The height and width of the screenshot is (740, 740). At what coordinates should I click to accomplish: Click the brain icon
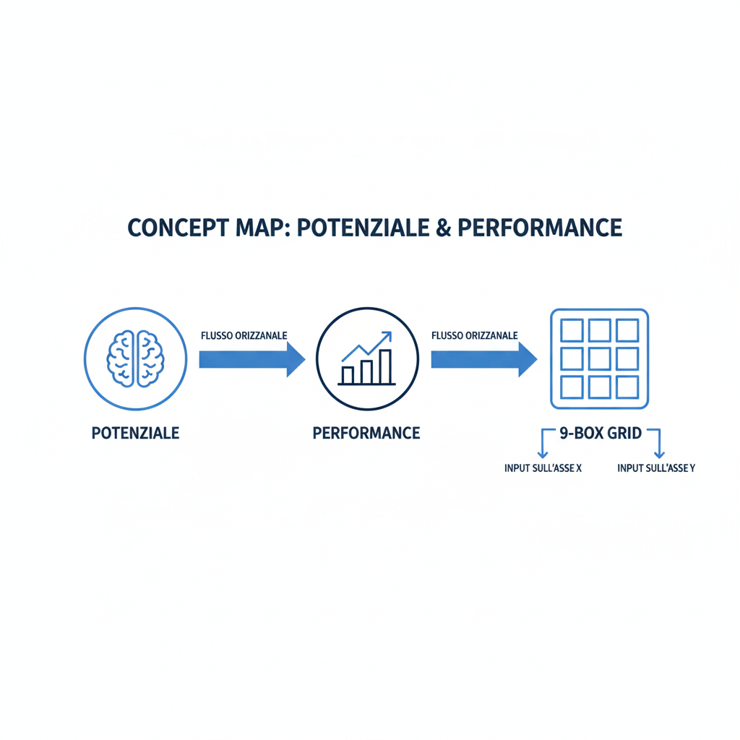(x=136, y=357)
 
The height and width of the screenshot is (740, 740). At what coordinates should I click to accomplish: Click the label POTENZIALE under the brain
(x=136, y=434)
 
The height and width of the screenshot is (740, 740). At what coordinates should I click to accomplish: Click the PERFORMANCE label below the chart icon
(x=366, y=434)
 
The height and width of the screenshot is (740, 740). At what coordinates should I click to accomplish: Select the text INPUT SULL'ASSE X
(x=543, y=468)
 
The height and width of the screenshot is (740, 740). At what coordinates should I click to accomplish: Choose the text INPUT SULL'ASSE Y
(x=656, y=468)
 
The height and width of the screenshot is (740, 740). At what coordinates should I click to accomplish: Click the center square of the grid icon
(x=600, y=358)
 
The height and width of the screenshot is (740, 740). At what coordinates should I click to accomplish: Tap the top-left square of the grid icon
(x=572, y=331)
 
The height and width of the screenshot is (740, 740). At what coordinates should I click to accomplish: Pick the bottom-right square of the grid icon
(x=627, y=387)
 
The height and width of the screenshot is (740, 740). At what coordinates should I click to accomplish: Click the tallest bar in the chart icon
(x=385, y=366)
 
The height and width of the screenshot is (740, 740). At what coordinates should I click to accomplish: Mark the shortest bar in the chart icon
(x=348, y=374)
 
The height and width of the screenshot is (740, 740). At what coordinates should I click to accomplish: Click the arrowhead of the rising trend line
(x=387, y=335)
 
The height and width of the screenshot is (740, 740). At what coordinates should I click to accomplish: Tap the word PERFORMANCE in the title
(x=540, y=228)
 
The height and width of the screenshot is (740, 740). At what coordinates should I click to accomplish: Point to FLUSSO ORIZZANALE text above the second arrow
(x=474, y=335)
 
